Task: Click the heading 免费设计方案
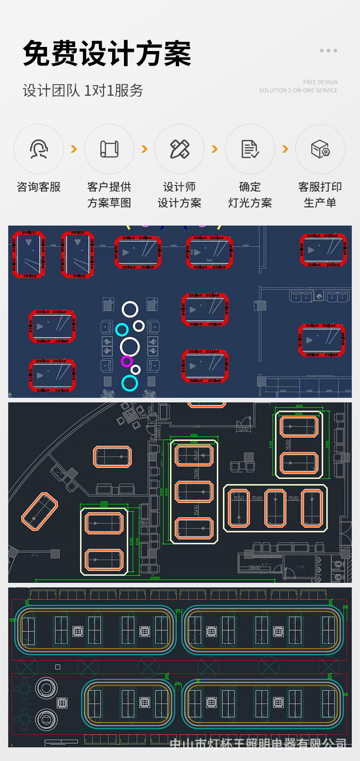(107, 53)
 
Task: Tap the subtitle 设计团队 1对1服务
(83, 90)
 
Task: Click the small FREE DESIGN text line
(320, 82)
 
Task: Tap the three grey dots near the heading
(328, 51)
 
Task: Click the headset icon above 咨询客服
(39, 149)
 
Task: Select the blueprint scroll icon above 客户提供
(109, 149)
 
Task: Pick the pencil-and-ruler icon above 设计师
(180, 149)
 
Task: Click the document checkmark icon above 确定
(250, 149)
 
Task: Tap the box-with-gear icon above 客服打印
(320, 149)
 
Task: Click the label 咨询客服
(39, 187)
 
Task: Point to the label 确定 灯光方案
(250, 195)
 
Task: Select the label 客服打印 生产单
(320, 195)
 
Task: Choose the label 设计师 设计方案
(180, 195)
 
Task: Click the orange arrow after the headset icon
(74, 149)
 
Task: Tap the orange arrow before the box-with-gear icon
(285, 149)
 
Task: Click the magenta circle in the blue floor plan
(127, 361)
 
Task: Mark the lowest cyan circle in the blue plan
(130, 383)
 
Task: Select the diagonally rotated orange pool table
(40, 511)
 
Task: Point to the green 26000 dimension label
(155, 578)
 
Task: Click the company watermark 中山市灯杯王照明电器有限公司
(258, 744)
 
